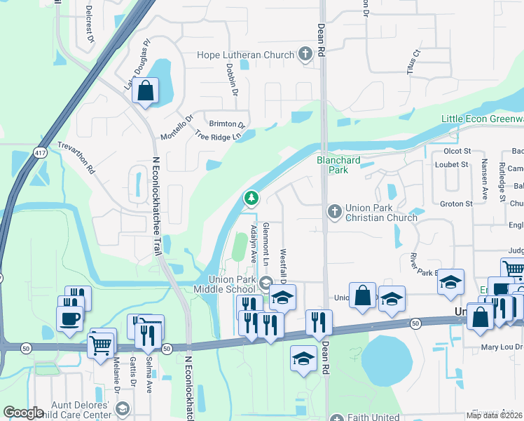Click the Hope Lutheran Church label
coord(245,55)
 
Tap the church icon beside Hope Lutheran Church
coord(305,54)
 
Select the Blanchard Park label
coord(338,165)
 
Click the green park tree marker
coord(251,199)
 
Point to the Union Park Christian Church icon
coord(335,210)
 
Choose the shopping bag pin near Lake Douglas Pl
coord(146,91)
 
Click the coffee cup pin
coord(69,319)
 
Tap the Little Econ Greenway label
coord(482,119)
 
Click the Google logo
coord(24,413)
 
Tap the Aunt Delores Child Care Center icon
coord(123,409)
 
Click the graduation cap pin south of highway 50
coord(303,358)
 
